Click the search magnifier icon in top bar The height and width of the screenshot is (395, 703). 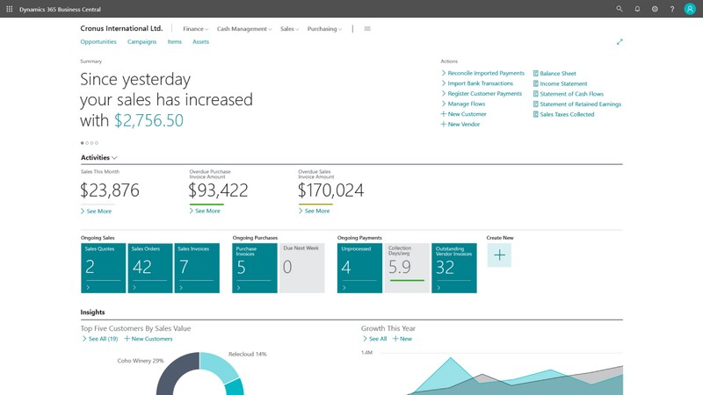pyautogui.click(x=620, y=9)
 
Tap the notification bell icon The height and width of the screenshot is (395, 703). pyautogui.click(x=637, y=9)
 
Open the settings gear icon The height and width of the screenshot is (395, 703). pyautogui.click(x=655, y=9)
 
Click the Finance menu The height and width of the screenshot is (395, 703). pyautogui.click(x=195, y=29)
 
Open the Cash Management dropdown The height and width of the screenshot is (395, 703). pyautogui.click(x=243, y=29)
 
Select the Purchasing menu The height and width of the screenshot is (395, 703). pyautogui.click(x=324, y=29)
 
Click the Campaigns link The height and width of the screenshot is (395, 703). pyautogui.click(x=141, y=42)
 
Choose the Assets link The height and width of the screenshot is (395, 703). pyautogui.click(x=200, y=42)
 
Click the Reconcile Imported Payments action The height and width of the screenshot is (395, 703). pyautogui.click(x=485, y=74)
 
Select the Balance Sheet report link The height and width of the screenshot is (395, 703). pyautogui.click(x=557, y=74)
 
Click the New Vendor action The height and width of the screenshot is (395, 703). pyautogui.click(x=463, y=125)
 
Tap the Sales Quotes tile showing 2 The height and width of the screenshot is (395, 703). pyautogui.click(x=103, y=268)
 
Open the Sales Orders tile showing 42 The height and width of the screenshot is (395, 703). pyautogui.click(x=150, y=268)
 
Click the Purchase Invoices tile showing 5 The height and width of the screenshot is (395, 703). pyautogui.click(x=255, y=268)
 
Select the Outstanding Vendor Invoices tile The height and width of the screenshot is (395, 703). pyautogui.click(x=454, y=268)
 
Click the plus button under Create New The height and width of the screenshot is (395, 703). pyautogui.click(x=499, y=255)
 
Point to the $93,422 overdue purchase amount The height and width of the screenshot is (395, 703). pyautogui.click(x=219, y=190)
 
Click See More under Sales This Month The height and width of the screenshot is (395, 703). pyautogui.click(x=98, y=212)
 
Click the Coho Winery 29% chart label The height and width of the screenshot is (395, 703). pyautogui.click(x=141, y=361)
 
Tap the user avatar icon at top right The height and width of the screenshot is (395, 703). pyautogui.click(x=690, y=9)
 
